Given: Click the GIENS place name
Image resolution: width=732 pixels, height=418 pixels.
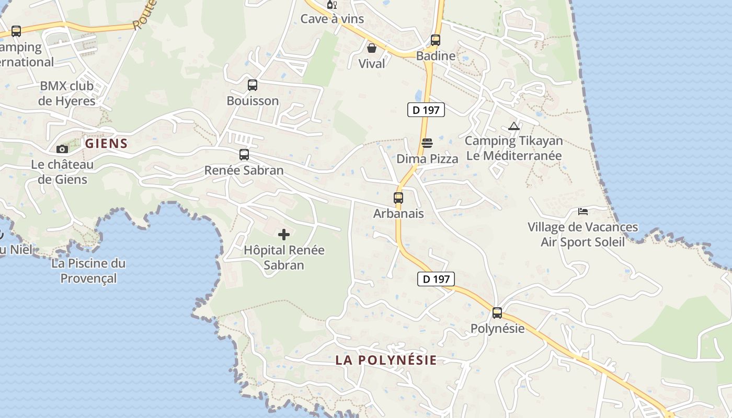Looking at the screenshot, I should pos(106,144).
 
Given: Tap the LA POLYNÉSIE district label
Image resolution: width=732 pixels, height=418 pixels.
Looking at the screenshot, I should pos(386,360).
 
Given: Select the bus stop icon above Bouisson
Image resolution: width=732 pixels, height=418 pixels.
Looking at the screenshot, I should pos(253,85).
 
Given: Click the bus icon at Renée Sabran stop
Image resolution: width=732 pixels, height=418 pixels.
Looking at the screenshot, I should pos(244,155).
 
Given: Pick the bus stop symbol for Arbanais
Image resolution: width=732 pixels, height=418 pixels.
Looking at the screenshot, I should pos(398,198).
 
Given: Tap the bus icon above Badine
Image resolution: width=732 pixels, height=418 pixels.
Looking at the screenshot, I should pos(436,40).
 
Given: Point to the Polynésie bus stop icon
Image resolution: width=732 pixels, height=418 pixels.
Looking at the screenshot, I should pos(497,313).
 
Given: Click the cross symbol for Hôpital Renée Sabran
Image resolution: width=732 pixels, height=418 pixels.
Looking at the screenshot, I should pos(284,235).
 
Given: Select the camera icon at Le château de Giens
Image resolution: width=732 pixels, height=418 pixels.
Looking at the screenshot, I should pos(62,149).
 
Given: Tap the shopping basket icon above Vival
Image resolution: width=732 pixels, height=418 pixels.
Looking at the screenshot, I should pos(372,48).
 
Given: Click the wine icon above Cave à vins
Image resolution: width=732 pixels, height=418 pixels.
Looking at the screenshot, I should pos(332,5).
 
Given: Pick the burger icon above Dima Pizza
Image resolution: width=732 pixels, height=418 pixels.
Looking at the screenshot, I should pos(427,143).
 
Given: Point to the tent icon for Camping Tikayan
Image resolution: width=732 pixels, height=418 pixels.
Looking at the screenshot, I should pos(514,126).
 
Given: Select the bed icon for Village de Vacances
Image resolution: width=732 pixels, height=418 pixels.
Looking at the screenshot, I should pos(583,212).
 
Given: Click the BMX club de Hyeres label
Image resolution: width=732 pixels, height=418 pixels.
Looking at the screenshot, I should pos(67,94).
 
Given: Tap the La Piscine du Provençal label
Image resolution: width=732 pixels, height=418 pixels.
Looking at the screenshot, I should pos(88,271).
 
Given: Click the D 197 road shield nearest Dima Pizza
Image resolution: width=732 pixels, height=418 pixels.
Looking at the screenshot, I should pos(426,110).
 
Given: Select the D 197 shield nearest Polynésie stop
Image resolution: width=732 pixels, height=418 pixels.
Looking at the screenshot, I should pos(436,279).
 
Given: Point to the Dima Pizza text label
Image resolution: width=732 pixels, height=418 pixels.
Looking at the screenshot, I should pos(427,159).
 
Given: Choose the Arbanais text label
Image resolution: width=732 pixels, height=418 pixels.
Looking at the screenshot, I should pos(398,214).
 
